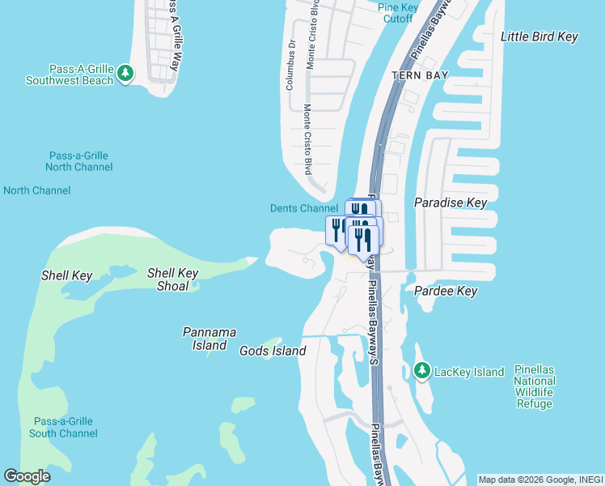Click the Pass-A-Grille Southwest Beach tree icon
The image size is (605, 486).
click(125, 74)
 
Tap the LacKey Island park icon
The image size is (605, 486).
click(421, 371)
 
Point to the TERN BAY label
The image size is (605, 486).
click(420, 75)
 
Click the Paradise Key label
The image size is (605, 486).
click(451, 202)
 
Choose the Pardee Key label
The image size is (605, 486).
click(446, 291)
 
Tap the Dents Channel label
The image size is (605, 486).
click(303, 208)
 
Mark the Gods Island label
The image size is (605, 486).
click(273, 351)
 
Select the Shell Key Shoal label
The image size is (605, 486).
click(173, 279)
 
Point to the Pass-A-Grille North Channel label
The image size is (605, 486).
click(79, 161)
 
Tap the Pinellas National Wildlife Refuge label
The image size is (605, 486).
click(535, 386)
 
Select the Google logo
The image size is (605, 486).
click(27, 476)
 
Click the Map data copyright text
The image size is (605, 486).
click(540, 480)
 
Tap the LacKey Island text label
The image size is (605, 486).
click(469, 372)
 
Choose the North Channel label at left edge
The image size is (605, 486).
click(37, 190)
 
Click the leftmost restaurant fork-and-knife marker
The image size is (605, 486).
click(336, 229)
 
